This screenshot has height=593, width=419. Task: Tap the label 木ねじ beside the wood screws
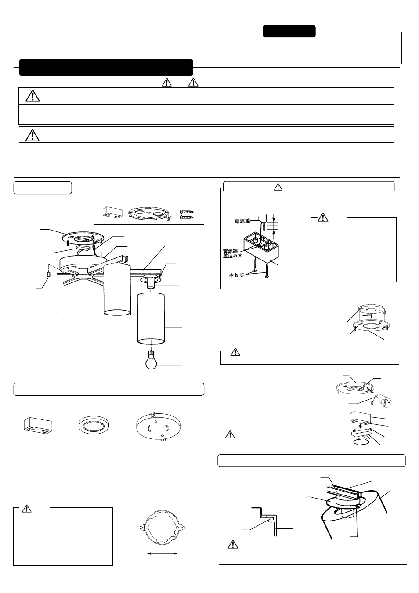pos(236,275)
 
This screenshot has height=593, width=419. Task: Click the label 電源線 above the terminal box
pos(242,221)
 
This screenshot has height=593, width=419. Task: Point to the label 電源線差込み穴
pos(233,253)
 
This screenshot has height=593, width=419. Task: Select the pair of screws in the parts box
pos(187,214)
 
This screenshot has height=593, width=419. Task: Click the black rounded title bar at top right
pos(289,31)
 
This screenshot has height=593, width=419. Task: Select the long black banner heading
pos(106,67)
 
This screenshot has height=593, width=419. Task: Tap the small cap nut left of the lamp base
pos(48,274)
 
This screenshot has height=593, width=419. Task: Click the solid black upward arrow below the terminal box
pos(360,426)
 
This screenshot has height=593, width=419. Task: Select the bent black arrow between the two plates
pos(368,315)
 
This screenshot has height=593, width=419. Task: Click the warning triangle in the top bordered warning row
pos(33,96)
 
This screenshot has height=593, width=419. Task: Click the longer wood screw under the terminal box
pos(256,268)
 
